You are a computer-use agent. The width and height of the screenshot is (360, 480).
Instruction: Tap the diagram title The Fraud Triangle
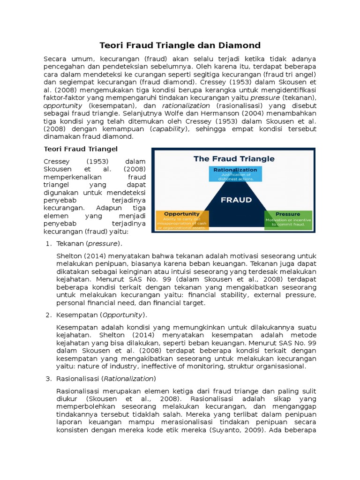pyautogui.click(x=234, y=158)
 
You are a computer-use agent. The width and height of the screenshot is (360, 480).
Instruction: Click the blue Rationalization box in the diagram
pyautogui.click(x=235, y=173)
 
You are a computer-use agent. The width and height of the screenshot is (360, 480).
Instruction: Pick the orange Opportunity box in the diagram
pyautogui.click(x=182, y=220)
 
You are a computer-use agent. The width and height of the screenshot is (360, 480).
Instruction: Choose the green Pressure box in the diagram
pyautogui.click(x=288, y=219)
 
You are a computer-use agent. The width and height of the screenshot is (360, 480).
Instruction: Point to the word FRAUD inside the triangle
pyautogui.click(x=236, y=200)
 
